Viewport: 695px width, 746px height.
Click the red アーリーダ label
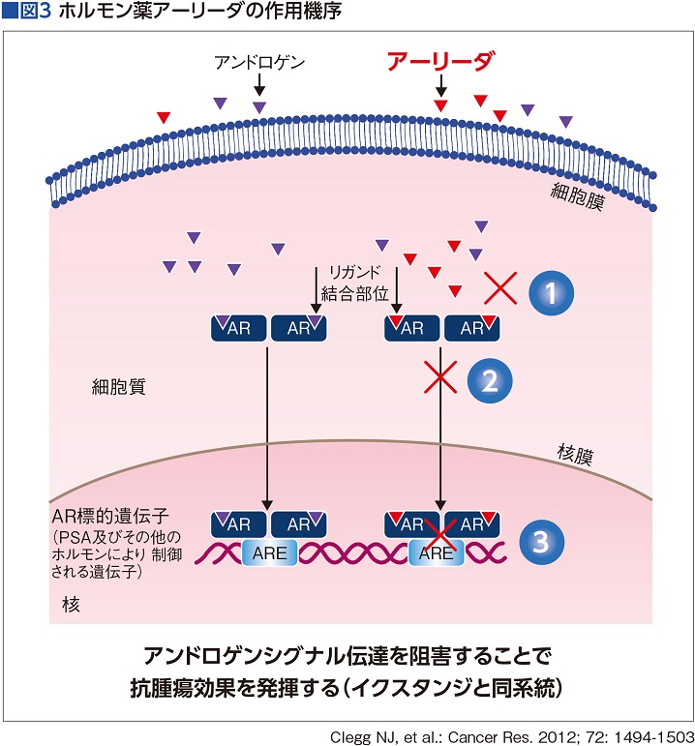click(x=440, y=63)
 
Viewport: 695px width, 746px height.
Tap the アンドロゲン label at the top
click(x=259, y=64)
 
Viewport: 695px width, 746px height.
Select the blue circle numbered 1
click(x=550, y=288)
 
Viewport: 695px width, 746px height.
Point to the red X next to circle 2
click(x=441, y=378)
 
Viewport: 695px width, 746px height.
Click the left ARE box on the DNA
click(x=266, y=552)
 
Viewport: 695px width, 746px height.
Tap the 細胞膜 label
click(x=578, y=194)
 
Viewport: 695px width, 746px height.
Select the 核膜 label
click(x=579, y=452)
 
